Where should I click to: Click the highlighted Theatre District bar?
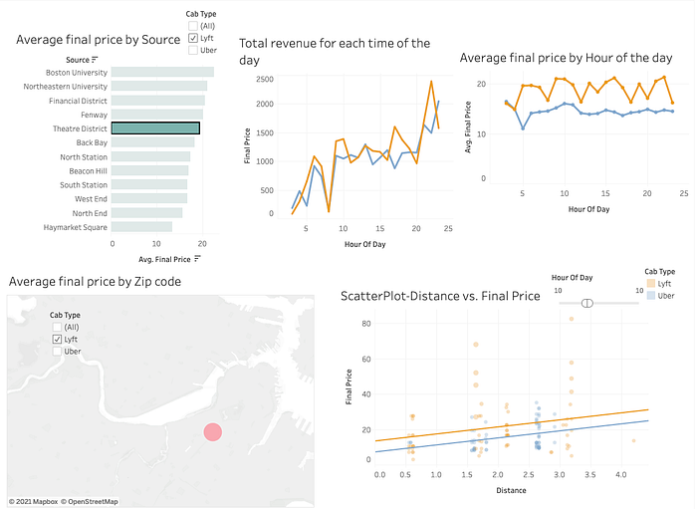pos(155,128)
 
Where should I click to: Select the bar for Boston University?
pos(162,72)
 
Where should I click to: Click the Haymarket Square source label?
pos(76,227)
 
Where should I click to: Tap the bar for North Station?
pos(150,156)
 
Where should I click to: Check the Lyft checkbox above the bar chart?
pos(193,37)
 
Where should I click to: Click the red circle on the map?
pos(212,431)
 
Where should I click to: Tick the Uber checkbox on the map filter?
pos(57,352)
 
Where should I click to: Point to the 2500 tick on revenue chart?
pos(265,79)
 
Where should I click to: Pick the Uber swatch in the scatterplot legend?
pos(651,296)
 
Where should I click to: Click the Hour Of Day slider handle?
pos(587,303)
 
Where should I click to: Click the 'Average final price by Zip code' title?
pos(96,282)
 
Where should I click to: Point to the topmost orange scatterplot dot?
pos(572,319)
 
